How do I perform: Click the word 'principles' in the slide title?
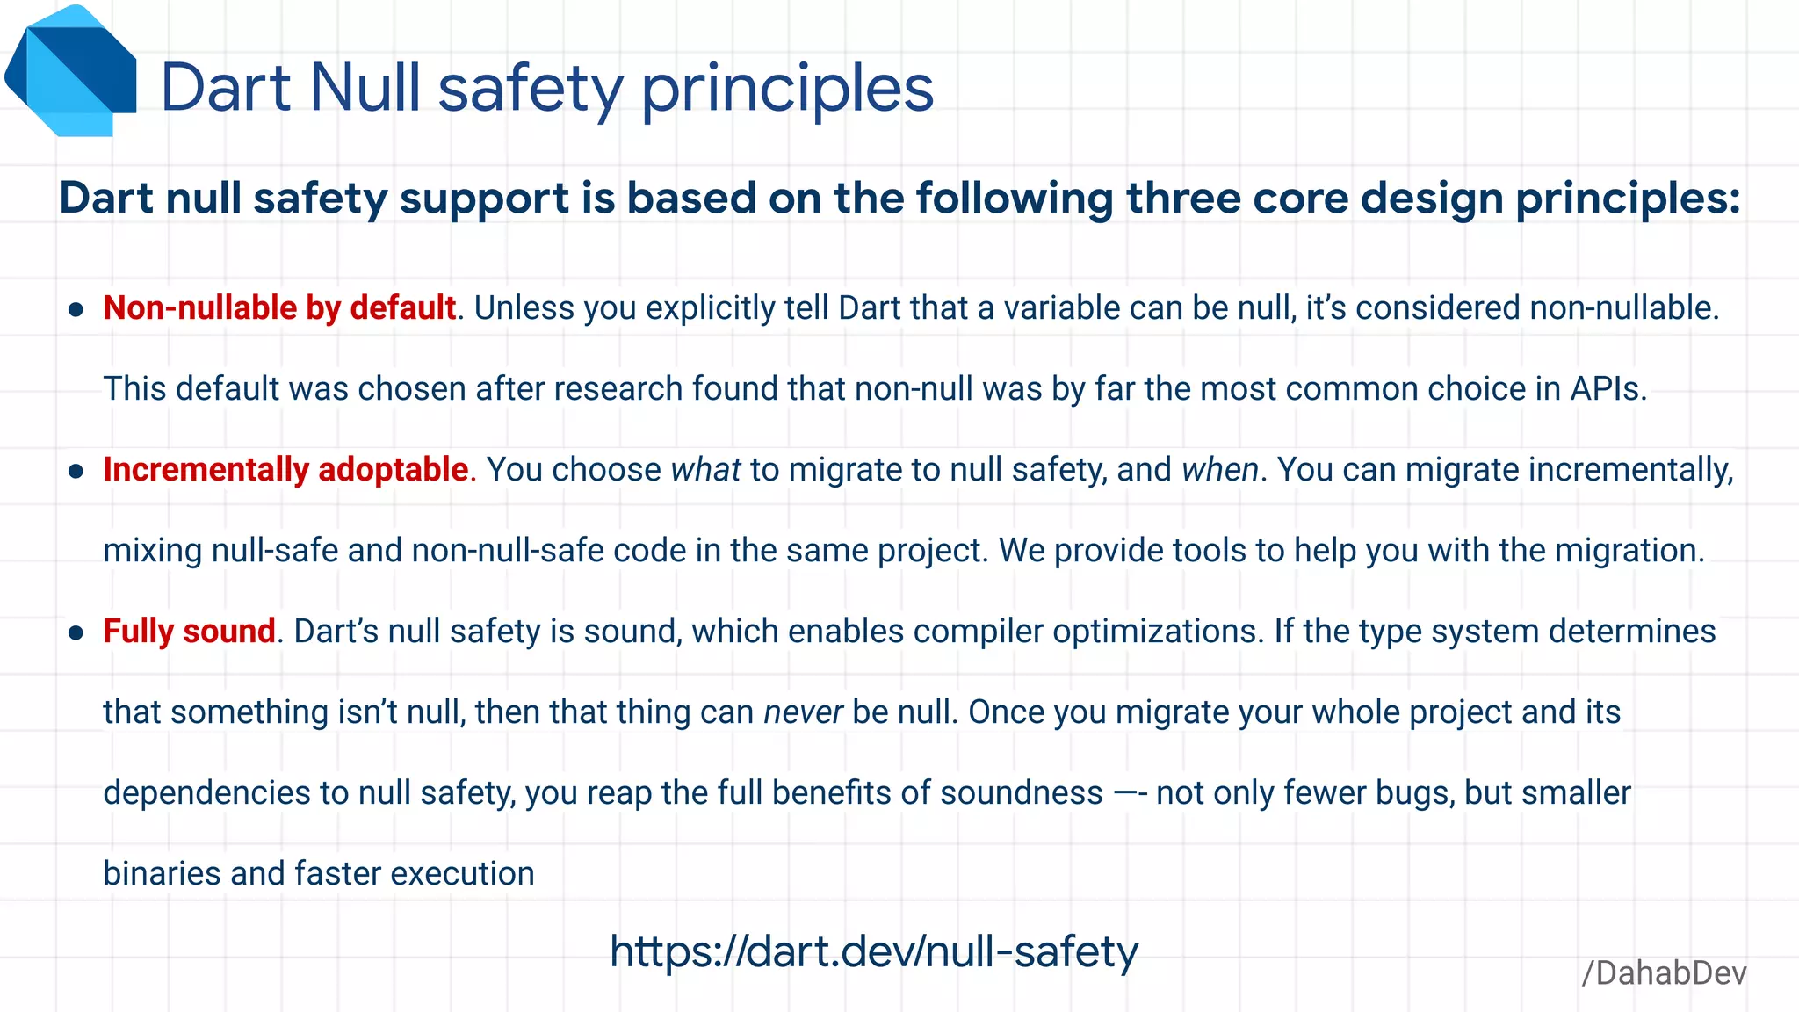click(x=787, y=90)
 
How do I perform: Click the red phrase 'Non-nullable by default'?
click(x=279, y=308)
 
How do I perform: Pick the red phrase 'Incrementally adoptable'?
click(x=285, y=470)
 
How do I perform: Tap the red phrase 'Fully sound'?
click(x=189, y=632)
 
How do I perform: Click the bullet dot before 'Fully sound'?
click(x=76, y=632)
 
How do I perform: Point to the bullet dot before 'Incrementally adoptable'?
click(x=76, y=471)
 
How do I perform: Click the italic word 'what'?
click(x=705, y=470)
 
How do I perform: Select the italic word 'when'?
click(x=1220, y=470)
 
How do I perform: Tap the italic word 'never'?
click(x=803, y=712)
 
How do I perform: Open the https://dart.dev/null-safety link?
click(x=873, y=951)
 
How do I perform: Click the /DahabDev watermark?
click(x=1664, y=973)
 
